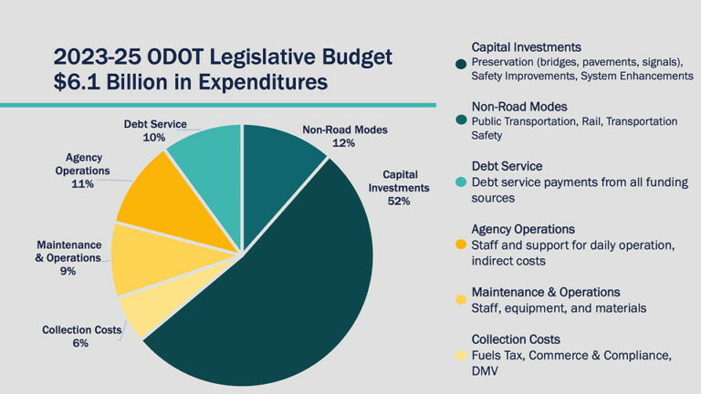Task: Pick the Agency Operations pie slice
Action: click(x=164, y=196)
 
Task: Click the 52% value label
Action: click(x=398, y=201)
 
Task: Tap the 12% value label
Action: click(x=345, y=144)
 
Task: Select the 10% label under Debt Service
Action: click(x=154, y=138)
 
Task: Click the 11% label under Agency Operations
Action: click(x=83, y=183)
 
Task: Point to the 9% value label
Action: click(x=68, y=271)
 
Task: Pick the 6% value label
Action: click(x=81, y=344)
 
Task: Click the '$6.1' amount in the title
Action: click(x=77, y=82)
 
